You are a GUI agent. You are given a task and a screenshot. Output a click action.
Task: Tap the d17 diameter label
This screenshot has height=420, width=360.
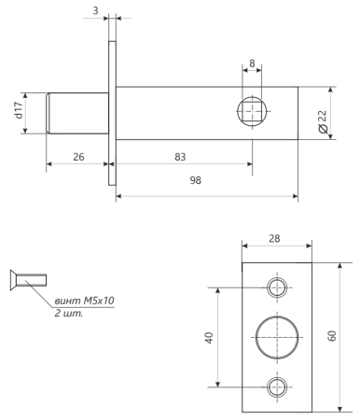[x=18, y=113]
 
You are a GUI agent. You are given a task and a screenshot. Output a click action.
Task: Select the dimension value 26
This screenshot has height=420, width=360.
[x=78, y=158]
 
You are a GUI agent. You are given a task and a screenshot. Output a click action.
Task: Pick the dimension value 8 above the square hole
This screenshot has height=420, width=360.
[x=252, y=63]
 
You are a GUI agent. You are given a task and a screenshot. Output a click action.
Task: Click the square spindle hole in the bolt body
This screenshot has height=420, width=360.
[x=253, y=112]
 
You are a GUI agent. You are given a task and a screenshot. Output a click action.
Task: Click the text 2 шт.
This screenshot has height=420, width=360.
[x=68, y=314]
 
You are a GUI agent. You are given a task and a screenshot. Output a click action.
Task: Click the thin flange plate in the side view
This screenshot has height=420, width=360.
[x=112, y=113]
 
